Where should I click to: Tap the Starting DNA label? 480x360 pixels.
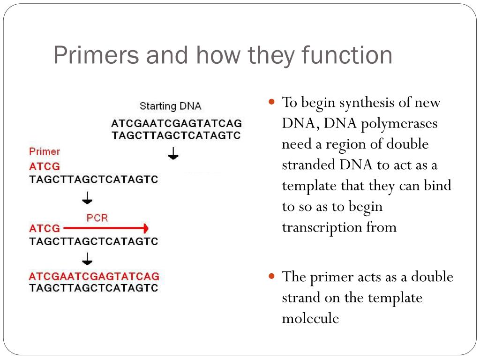(171, 106)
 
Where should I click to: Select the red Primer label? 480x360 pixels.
(45, 151)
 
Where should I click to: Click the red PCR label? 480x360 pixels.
(97, 218)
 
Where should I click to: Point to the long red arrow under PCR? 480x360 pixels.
(105, 229)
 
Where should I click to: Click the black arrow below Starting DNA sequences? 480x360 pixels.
(173, 153)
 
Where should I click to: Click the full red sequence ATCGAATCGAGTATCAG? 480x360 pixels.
(94, 276)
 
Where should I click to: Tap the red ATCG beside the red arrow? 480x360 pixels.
(45, 229)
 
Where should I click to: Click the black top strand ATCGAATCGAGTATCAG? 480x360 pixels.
(176, 124)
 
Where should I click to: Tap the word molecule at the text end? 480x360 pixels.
(310, 318)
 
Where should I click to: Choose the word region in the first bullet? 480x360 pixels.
(350, 144)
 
